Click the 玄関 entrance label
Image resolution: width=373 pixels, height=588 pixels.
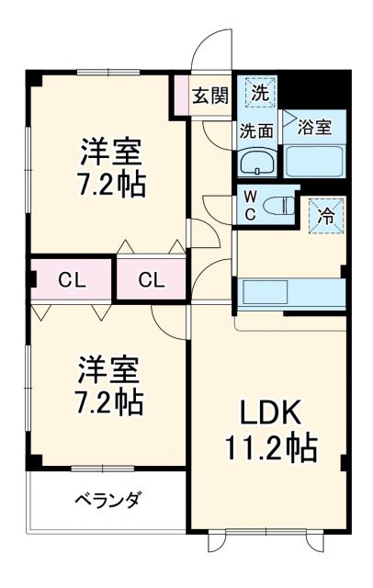point(209,94)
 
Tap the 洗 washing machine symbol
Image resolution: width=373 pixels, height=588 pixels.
point(260,94)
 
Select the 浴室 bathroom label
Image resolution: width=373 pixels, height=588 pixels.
point(316,128)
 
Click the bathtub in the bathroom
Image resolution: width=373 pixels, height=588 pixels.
point(313,161)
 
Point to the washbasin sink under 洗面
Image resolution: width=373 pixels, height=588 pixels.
point(255,164)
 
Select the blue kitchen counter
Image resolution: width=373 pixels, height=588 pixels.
point(291,294)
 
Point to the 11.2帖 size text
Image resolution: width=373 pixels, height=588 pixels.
point(272,449)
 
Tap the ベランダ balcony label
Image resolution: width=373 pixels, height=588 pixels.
point(107,500)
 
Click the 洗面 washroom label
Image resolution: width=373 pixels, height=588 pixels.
point(256,130)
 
